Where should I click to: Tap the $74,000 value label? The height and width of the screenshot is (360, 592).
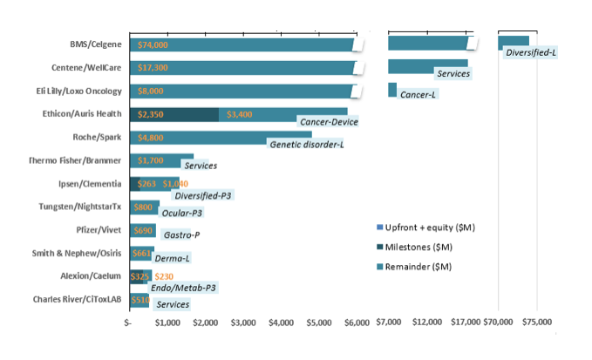point(153,44)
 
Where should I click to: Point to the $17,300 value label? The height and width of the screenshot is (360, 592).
point(153,67)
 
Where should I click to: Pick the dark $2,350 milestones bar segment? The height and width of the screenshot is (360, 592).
point(174,113)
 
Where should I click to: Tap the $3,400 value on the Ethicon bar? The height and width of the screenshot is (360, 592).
point(240,113)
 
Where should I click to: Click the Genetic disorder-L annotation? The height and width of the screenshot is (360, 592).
point(306,144)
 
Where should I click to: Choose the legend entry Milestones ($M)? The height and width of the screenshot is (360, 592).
point(426,247)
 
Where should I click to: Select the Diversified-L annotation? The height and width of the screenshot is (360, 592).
point(531,53)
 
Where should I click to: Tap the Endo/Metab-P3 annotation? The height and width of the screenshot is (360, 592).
point(184,287)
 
